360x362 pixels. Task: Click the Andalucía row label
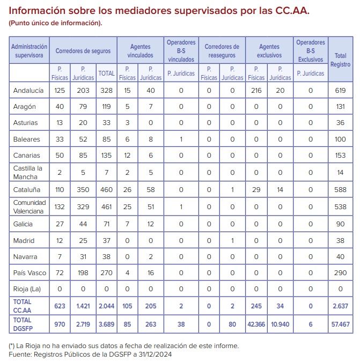28,90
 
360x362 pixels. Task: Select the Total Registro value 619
340,90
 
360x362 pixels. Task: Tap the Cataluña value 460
106,189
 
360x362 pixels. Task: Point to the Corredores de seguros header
83,51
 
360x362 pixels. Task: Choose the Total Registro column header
340,60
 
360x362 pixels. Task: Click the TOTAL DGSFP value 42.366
256,324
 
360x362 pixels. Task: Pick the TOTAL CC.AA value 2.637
340,306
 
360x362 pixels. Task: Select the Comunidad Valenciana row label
30,206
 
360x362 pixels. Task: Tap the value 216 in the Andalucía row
256,90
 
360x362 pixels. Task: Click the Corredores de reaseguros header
222,51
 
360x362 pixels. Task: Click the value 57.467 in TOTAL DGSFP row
340,324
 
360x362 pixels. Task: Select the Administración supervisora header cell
30,51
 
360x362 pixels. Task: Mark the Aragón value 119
106,107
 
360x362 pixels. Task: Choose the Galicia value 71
106,224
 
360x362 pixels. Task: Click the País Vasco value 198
83,273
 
